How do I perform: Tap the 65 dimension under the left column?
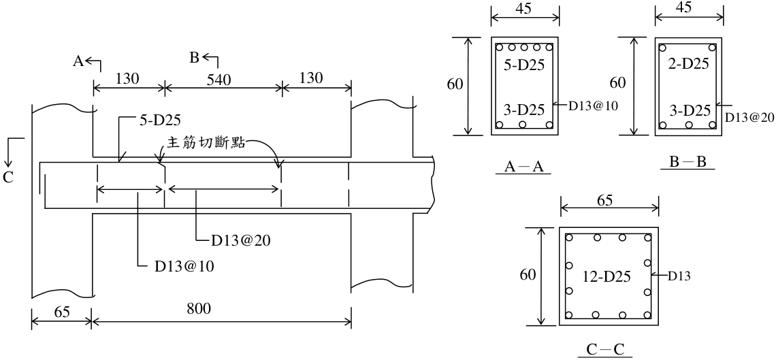click(61, 312)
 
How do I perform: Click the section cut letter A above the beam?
click(78, 61)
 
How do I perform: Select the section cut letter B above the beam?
click(195, 58)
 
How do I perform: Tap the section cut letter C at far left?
click(8, 178)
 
